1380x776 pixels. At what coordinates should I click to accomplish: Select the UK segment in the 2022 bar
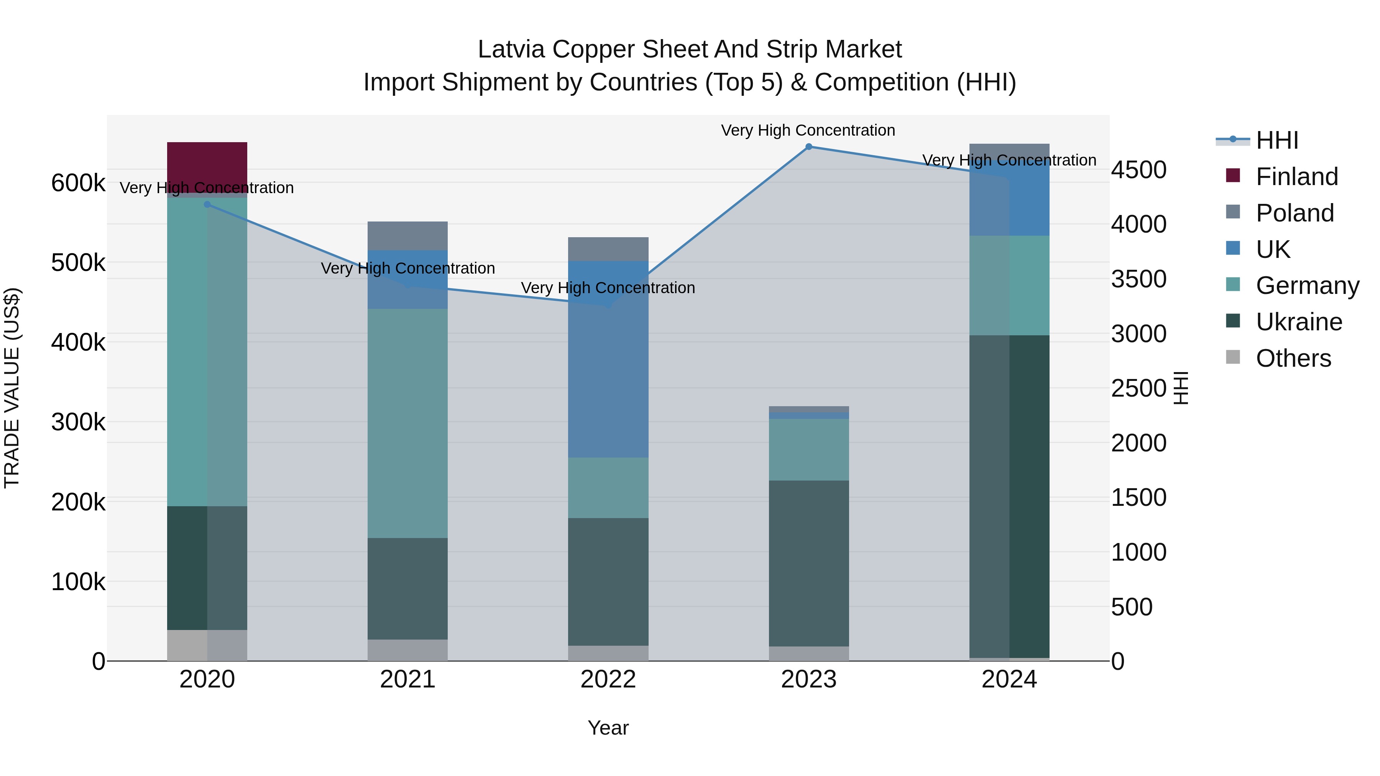608,359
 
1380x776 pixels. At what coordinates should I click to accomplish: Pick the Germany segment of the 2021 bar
407,423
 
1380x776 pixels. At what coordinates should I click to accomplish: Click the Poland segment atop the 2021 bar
407,236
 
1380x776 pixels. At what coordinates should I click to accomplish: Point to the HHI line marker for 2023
809,147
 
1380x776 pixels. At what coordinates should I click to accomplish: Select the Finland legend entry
1296,177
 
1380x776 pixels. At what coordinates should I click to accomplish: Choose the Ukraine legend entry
1299,322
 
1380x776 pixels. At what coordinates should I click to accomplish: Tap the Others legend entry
1293,358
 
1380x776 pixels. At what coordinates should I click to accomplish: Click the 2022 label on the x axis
608,679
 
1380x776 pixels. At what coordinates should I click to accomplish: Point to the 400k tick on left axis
78,342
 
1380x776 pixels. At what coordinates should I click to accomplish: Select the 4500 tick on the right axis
1138,170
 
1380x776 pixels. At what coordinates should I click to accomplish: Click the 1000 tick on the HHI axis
1138,552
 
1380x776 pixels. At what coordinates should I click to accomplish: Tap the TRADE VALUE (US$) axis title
12,388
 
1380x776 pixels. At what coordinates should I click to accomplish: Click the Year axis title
608,728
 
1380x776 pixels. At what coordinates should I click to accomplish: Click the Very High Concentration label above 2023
808,130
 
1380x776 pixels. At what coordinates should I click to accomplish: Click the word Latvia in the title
512,49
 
